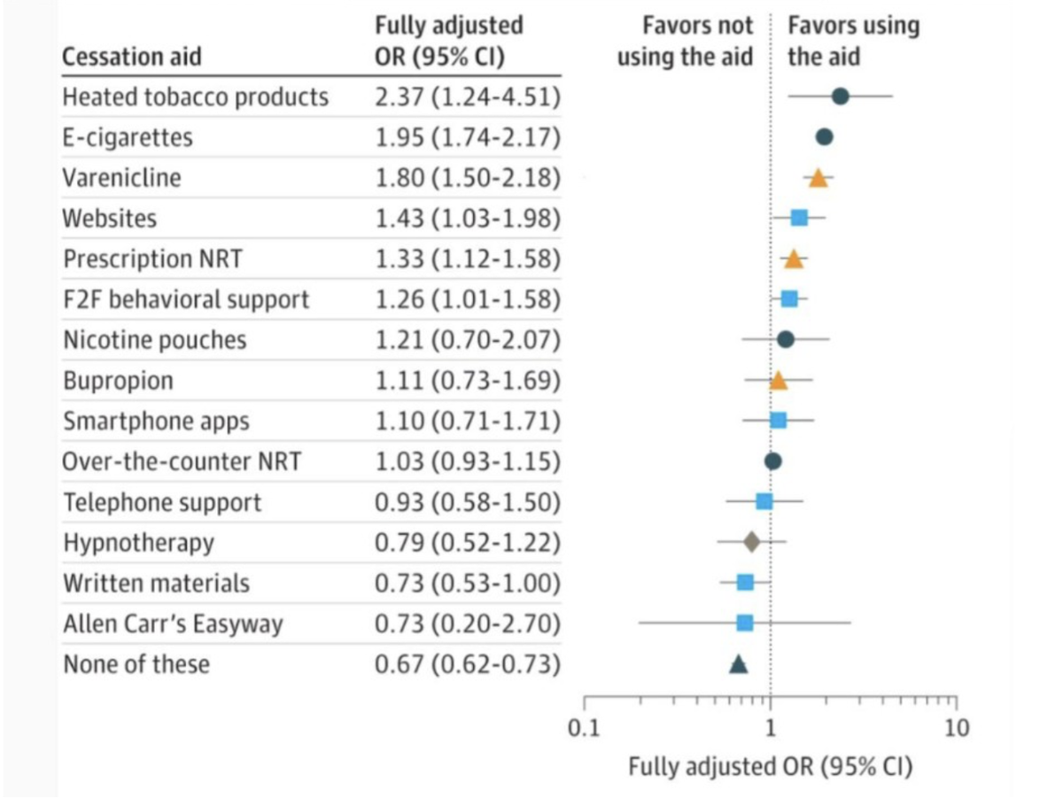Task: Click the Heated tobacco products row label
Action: point(195,97)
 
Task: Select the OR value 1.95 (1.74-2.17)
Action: point(468,137)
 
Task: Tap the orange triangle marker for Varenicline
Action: point(818,178)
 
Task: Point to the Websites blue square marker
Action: point(799,218)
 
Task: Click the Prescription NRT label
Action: point(152,259)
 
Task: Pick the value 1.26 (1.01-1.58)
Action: point(468,300)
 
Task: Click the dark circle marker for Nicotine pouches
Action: point(785,339)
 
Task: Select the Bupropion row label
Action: point(118,382)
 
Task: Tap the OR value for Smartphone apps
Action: point(468,422)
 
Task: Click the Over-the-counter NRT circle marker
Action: point(772,461)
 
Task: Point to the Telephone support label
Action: point(162,503)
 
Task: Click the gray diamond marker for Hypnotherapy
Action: point(751,541)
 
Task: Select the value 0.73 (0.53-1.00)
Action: point(468,584)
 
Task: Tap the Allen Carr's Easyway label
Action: point(173,624)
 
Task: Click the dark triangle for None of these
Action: point(739,664)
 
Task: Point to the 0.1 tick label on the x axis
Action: point(584,729)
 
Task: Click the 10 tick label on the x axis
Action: point(957,729)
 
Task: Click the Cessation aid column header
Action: point(132,58)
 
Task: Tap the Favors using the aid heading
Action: point(853,42)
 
